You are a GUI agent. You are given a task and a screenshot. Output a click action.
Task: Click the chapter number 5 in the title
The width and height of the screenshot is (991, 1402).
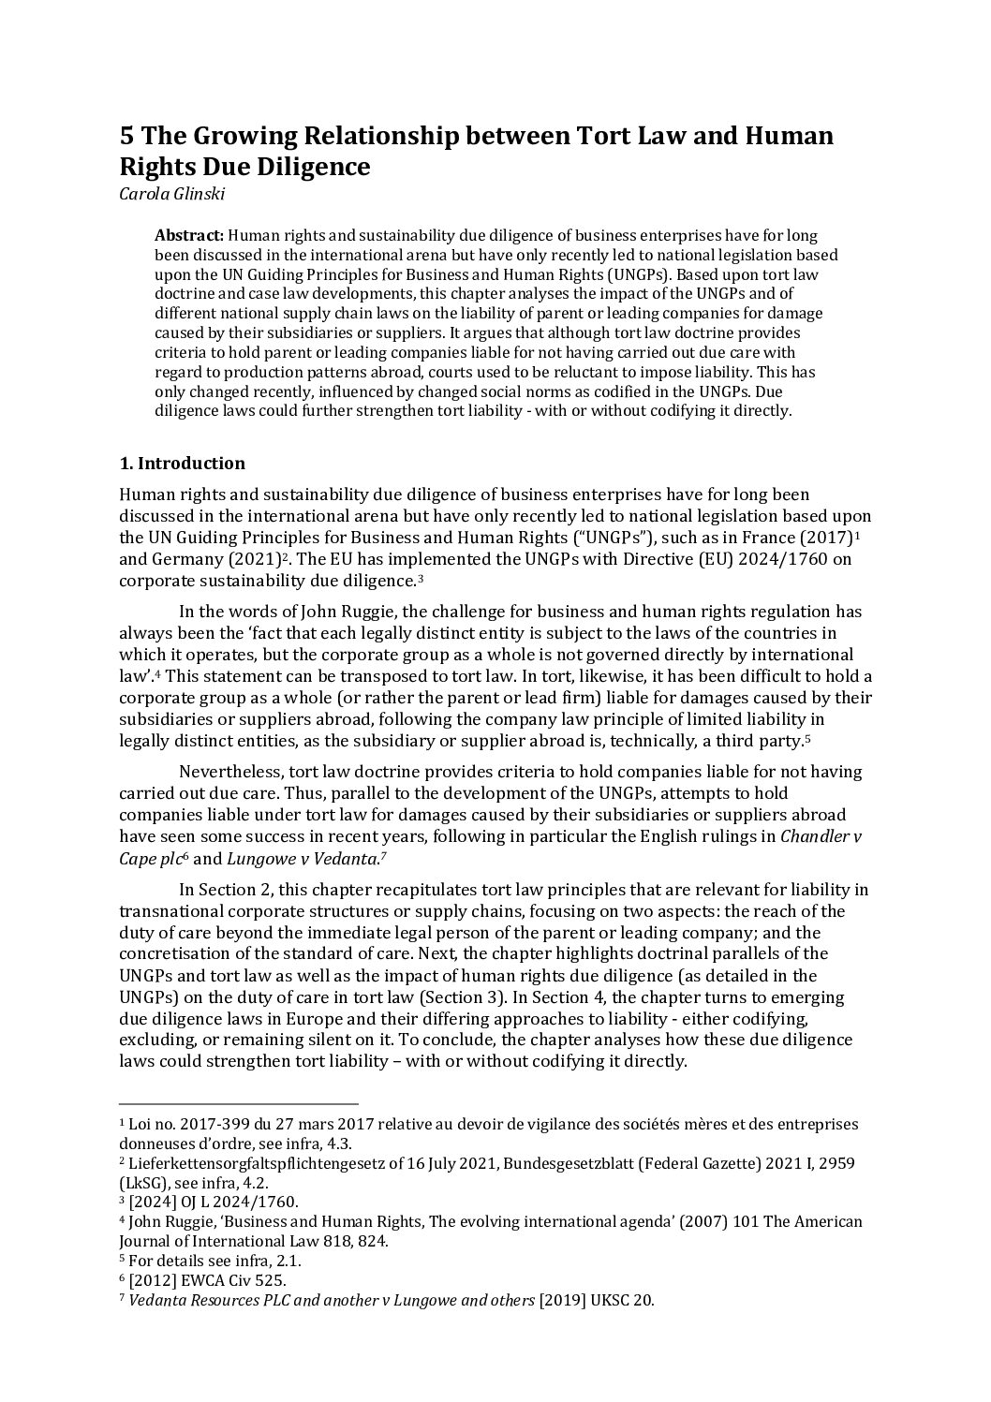[x=126, y=137]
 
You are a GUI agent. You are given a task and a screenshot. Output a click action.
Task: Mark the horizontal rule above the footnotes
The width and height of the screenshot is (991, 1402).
[x=239, y=1104]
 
